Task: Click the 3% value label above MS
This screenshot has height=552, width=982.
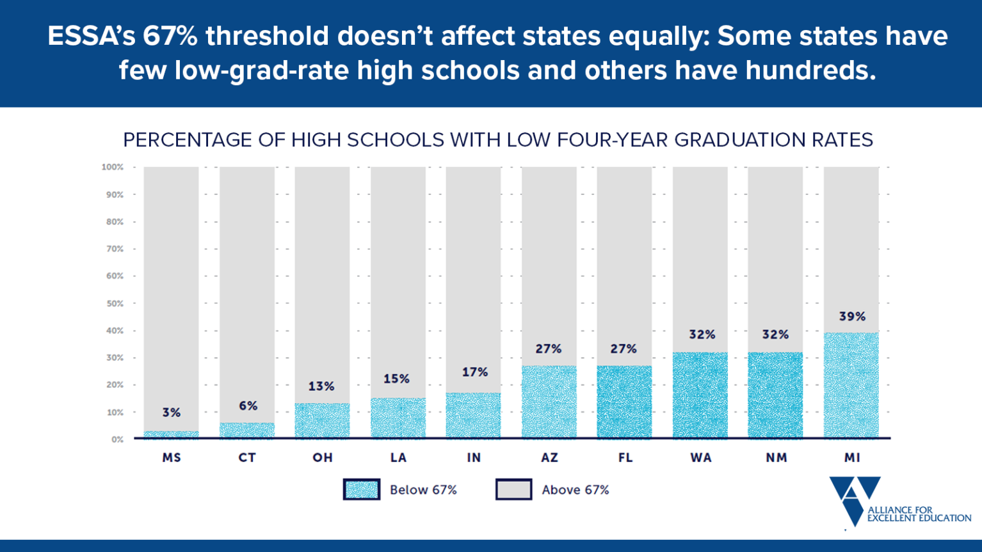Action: [x=171, y=413]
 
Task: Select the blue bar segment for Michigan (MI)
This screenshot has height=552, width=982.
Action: [x=851, y=385]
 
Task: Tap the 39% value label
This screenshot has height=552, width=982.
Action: [x=852, y=317]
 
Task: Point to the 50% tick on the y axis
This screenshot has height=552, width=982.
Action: [x=115, y=303]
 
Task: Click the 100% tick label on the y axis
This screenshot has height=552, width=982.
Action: [x=113, y=167]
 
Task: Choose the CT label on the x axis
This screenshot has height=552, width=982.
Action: [x=247, y=457]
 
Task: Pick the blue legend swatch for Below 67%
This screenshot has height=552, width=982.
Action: [x=362, y=489]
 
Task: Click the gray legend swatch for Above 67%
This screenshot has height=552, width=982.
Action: [x=513, y=489]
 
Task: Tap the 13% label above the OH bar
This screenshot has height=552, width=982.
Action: [x=321, y=386]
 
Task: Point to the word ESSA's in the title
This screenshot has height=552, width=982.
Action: [x=91, y=36]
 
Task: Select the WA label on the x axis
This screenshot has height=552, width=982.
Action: [x=700, y=457]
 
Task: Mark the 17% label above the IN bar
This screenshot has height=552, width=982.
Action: [x=474, y=372]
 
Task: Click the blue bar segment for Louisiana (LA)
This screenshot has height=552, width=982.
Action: [x=398, y=418]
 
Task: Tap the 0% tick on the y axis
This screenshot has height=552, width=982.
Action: [x=117, y=439]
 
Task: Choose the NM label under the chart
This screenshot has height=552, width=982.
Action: [x=776, y=457]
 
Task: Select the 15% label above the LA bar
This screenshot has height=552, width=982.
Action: [x=396, y=379]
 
